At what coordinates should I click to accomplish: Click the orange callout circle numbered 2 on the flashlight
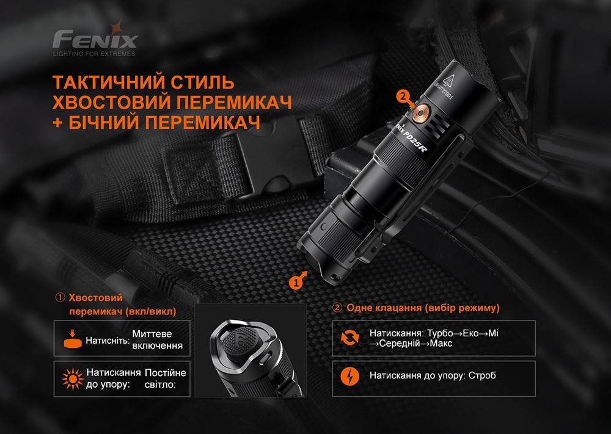click(401, 96)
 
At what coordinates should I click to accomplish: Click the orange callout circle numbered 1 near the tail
click(296, 282)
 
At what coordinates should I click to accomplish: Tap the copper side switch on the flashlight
click(420, 110)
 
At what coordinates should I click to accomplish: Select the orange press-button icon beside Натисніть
click(73, 339)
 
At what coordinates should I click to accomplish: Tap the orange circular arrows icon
click(347, 338)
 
